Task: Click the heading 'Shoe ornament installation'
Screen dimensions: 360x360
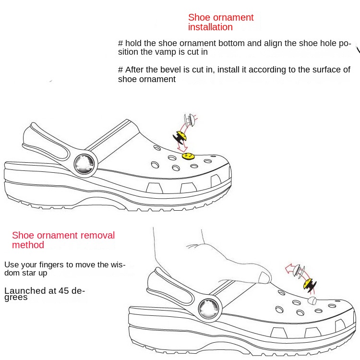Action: [220, 22]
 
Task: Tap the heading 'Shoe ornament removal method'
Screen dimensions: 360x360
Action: [63, 240]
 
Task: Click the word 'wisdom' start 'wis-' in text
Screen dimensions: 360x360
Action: [116, 264]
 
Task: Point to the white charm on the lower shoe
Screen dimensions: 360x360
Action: [312, 301]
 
